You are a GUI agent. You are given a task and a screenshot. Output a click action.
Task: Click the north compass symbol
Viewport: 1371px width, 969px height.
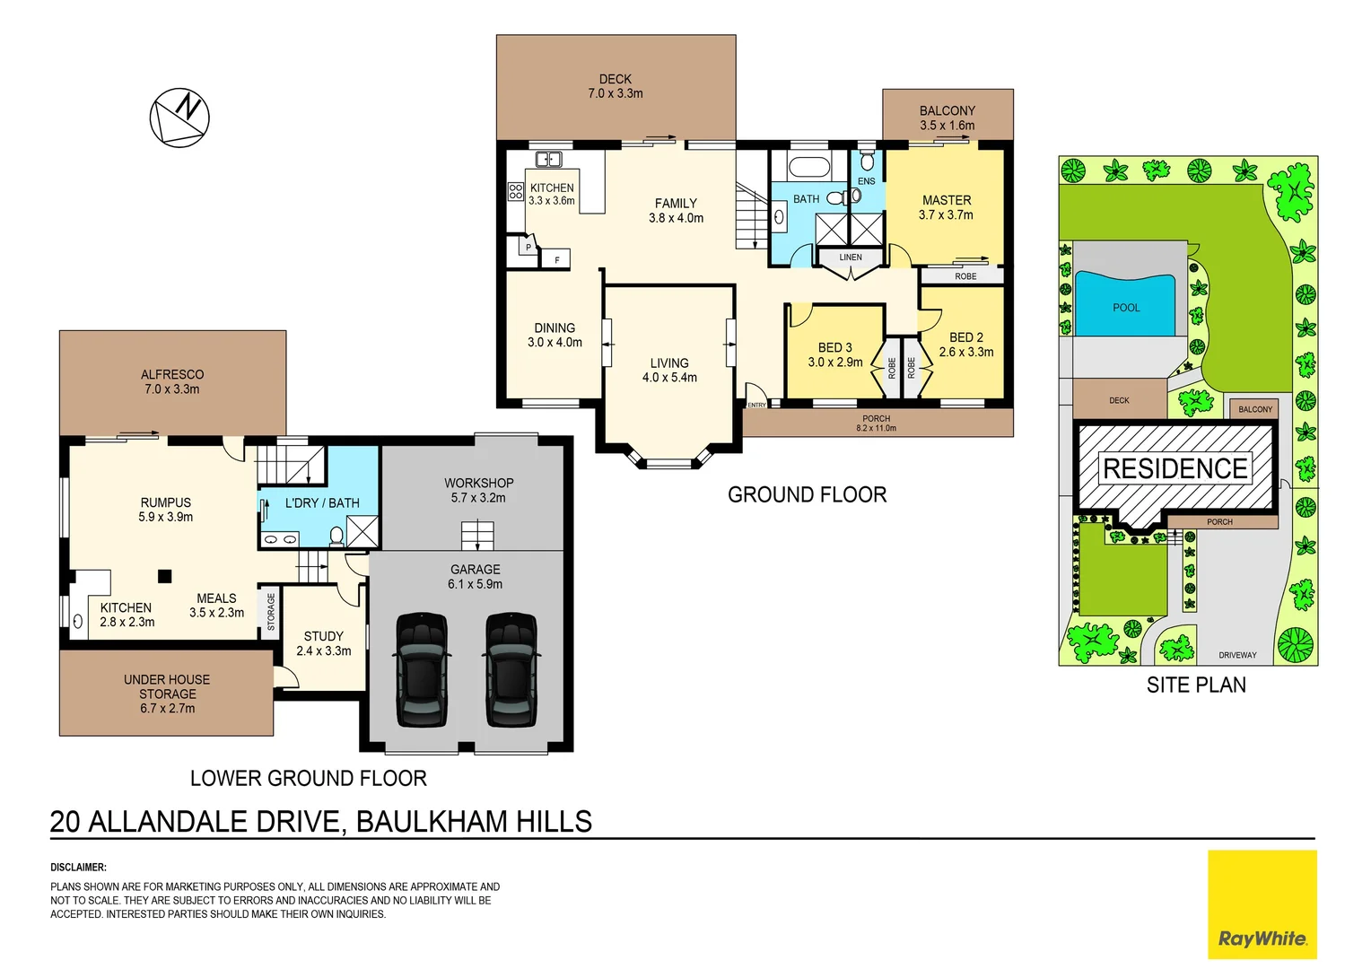click(x=179, y=118)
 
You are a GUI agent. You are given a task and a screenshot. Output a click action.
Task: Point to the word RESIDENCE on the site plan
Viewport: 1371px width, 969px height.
click(x=1175, y=468)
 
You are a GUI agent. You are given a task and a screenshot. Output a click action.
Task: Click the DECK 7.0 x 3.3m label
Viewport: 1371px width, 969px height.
click(x=616, y=86)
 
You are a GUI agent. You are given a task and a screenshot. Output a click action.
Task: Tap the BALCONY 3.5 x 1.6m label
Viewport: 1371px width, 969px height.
click(x=947, y=118)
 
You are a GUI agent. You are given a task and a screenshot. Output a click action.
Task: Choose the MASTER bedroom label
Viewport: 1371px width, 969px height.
click(x=946, y=207)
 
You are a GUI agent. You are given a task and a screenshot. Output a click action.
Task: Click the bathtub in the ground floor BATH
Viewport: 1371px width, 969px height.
click(x=808, y=168)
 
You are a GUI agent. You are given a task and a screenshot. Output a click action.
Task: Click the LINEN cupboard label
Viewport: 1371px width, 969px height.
click(x=851, y=258)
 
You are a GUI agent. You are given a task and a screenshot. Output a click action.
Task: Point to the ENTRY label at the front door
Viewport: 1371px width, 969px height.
click(x=756, y=406)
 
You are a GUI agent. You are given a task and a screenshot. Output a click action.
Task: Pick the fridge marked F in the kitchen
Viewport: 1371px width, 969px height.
click(x=556, y=260)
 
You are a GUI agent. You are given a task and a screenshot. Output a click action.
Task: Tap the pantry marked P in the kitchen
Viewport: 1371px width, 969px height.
click(x=528, y=248)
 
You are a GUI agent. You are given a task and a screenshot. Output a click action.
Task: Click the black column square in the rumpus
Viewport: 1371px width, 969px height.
click(x=164, y=576)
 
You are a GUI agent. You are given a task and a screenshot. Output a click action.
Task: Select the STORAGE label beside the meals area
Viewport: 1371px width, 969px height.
click(x=271, y=612)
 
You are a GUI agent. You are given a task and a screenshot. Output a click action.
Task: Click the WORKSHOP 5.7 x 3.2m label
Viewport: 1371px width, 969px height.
click(x=478, y=490)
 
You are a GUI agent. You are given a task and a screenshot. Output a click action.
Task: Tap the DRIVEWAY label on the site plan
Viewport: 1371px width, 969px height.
click(x=1237, y=655)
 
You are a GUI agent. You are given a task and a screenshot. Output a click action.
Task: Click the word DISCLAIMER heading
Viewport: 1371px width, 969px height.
click(x=78, y=868)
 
